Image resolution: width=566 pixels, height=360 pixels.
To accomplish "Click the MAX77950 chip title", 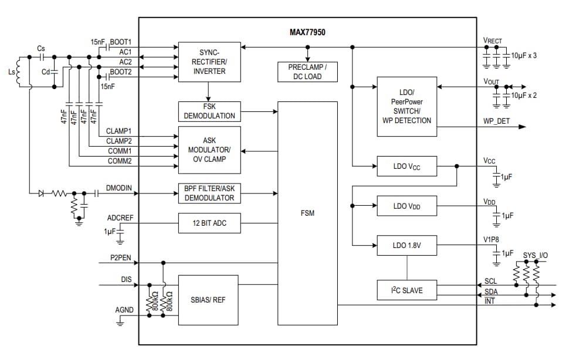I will (x=307, y=32).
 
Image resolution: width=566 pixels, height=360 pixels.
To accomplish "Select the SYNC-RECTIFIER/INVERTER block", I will (x=209, y=62).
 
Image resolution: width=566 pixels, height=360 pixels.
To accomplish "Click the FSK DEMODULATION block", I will (x=209, y=111).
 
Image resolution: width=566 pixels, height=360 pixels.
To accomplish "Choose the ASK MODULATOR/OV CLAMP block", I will (x=209, y=150).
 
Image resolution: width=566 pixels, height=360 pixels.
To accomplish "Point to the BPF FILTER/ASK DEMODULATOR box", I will (x=209, y=193).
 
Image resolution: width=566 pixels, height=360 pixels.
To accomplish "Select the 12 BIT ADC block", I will (x=209, y=223).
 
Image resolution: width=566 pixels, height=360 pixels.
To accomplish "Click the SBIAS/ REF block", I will (x=208, y=300).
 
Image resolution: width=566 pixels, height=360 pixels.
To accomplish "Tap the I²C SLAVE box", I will (x=406, y=290).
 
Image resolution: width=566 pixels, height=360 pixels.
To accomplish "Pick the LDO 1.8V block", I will (x=406, y=246).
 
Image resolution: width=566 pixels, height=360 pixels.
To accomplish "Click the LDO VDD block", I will (x=406, y=206).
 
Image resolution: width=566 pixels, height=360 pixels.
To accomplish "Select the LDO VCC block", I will (x=406, y=167).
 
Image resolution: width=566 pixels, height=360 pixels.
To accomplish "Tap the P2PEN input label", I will (x=120, y=257).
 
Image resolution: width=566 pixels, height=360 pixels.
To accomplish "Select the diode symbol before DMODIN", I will (x=41, y=193).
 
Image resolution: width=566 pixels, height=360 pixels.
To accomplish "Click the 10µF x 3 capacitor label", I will (x=524, y=55).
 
